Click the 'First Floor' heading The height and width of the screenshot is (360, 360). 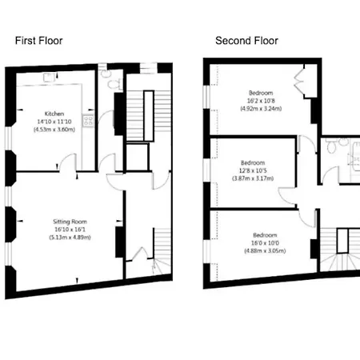pyautogui.click(x=39, y=40)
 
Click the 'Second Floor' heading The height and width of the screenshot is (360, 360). pyautogui.click(x=246, y=40)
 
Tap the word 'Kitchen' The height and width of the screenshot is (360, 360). pyautogui.click(x=54, y=114)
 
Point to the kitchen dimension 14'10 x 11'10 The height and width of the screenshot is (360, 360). pyautogui.click(x=54, y=121)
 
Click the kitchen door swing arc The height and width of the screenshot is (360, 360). pyautogui.click(x=70, y=166)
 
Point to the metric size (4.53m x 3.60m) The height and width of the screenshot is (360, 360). pyautogui.click(x=54, y=129)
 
